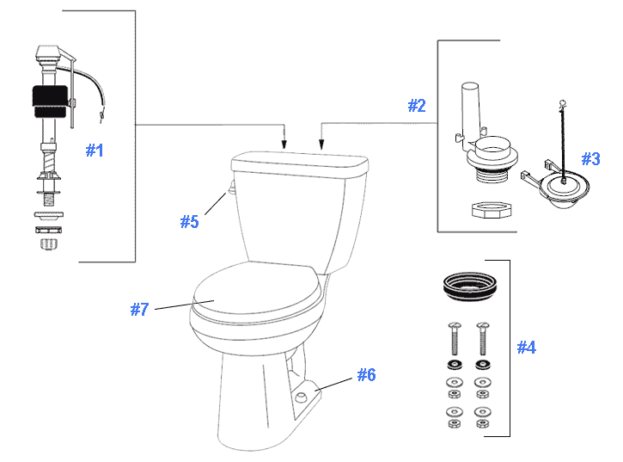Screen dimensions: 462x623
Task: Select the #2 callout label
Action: click(416, 105)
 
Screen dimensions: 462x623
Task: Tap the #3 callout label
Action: click(590, 158)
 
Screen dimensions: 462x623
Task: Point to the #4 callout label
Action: click(527, 347)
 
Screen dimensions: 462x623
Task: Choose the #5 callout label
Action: click(189, 221)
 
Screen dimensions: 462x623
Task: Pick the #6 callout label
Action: click(367, 374)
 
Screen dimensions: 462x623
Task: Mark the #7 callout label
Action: click(140, 309)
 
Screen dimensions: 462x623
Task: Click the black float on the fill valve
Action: click(49, 102)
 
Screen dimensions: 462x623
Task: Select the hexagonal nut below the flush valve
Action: click(486, 210)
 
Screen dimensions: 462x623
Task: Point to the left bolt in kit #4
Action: click(453, 341)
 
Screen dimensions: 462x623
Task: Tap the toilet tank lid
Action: click(298, 162)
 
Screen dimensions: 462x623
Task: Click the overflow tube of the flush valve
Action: click(469, 108)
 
